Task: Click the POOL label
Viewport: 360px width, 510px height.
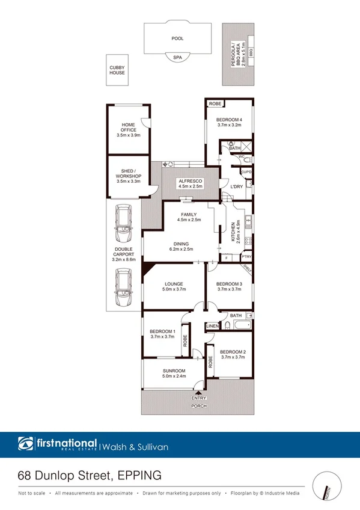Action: (177, 38)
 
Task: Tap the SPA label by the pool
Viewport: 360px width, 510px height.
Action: (177, 57)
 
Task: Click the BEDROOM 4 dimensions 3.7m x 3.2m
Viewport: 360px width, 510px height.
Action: (229, 126)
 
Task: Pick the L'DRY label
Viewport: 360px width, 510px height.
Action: (236, 186)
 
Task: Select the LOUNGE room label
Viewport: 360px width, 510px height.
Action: (174, 283)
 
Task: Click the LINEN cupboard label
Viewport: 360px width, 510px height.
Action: (212, 327)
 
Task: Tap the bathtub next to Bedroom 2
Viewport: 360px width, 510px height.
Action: (242, 327)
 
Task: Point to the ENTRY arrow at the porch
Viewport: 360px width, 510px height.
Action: (198, 392)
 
